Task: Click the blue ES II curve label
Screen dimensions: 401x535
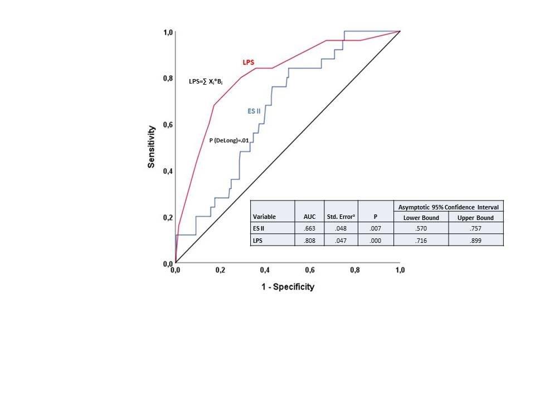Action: coord(255,111)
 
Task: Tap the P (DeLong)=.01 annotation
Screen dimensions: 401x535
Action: coord(232,141)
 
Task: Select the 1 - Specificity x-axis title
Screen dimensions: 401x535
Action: coord(286,287)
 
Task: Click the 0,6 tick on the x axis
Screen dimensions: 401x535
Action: coord(310,270)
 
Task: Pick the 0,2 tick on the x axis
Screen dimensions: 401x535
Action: coord(221,270)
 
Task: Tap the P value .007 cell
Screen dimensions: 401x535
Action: coord(376,228)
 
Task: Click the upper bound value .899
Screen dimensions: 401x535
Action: coord(476,240)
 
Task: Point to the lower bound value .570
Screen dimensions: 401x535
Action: coord(421,228)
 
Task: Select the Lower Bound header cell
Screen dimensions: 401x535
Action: coord(421,217)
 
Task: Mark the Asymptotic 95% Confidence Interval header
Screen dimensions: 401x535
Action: coord(448,207)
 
